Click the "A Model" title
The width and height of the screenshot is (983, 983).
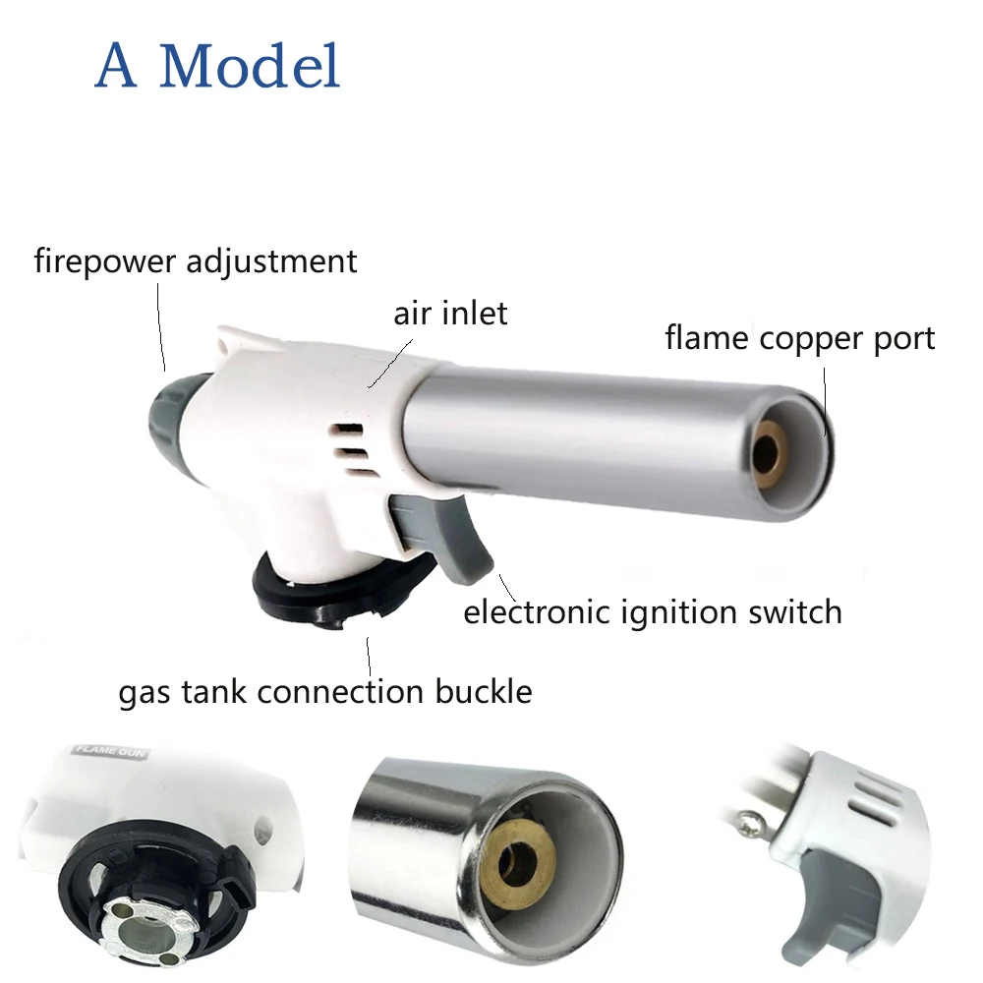[x=217, y=67]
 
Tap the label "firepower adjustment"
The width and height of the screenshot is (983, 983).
[x=195, y=261]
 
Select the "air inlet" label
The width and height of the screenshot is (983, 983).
[x=450, y=314]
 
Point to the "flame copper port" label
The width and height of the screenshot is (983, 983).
[x=799, y=338]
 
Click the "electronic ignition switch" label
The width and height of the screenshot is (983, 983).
[x=653, y=612]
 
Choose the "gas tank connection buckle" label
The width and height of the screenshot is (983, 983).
[x=325, y=691]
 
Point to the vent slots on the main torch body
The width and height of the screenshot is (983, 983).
[x=346, y=447]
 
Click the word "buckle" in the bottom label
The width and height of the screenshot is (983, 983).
[x=486, y=691]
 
